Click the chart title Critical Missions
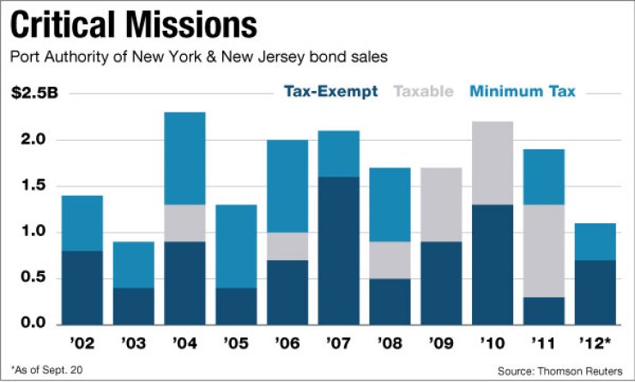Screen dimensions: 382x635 tap(133, 26)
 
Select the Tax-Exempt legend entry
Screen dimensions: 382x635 tap(330, 92)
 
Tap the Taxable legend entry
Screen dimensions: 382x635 tap(422, 92)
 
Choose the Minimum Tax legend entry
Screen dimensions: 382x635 tap(523, 92)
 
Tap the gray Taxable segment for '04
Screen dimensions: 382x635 tap(184, 222)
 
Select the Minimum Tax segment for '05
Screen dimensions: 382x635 tap(237, 246)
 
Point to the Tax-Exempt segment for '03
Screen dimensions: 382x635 tap(133, 306)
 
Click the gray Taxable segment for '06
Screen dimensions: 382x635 tap(288, 246)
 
